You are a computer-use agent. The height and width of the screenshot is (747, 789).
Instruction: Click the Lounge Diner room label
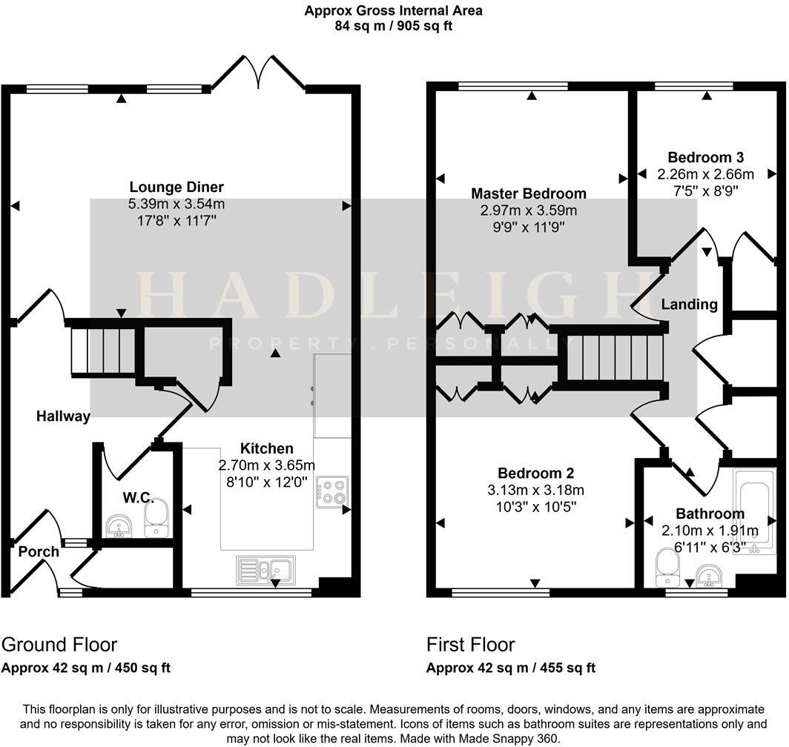point(176,187)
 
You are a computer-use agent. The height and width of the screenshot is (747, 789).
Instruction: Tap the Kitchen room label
point(266,448)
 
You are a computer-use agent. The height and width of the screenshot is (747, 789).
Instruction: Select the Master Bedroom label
point(529,193)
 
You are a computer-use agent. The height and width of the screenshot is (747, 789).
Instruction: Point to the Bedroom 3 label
point(705,157)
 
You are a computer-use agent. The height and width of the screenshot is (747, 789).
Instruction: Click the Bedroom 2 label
point(535,473)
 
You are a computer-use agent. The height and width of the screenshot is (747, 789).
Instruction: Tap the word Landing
point(689,305)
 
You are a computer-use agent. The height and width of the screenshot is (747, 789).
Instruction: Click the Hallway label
point(63,416)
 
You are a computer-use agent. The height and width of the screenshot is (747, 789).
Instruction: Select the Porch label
point(38,551)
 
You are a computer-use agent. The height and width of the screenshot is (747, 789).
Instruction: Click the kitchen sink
point(265,570)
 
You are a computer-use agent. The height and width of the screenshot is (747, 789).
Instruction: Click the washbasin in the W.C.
point(118,526)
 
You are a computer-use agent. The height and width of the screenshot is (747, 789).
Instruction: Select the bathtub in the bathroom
point(752,511)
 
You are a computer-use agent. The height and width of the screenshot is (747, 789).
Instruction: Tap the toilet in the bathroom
point(666,567)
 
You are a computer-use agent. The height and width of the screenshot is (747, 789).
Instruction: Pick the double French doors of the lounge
point(259,74)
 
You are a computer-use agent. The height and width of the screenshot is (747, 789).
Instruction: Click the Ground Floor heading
point(59,644)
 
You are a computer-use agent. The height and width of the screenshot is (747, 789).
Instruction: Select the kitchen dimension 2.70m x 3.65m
point(266,465)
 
